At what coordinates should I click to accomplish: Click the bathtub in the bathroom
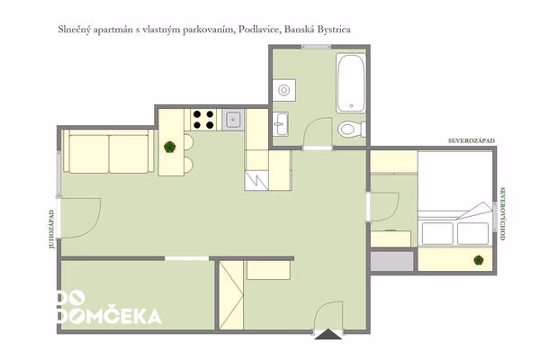351,83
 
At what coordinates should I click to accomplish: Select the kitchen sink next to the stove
233,120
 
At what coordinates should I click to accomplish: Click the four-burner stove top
203,120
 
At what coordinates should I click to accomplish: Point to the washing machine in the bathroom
284,90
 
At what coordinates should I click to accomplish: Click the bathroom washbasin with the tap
281,123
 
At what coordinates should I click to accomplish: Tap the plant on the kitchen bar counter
169,147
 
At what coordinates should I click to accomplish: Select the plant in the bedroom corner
478,260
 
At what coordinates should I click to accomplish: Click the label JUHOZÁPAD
51,229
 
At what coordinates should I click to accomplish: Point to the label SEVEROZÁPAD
472,140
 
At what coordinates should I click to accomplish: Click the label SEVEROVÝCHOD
502,213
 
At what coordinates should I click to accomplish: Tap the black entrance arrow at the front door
328,334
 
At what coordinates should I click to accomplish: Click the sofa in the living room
109,151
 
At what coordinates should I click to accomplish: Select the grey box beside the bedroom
391,261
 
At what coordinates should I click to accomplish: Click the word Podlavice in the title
260,30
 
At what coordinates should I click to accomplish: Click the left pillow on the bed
437,234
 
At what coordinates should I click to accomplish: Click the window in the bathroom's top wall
316,47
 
